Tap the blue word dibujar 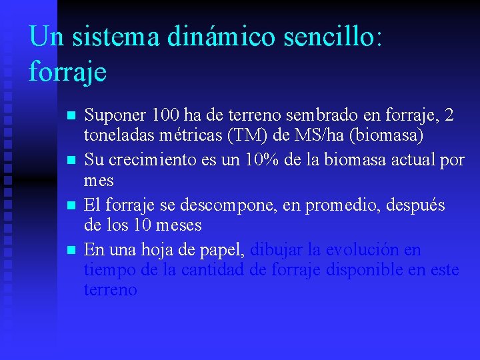pos(275,250)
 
